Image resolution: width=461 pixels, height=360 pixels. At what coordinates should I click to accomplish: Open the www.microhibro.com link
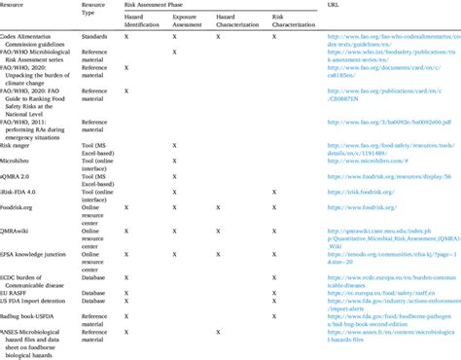[360, 160]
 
